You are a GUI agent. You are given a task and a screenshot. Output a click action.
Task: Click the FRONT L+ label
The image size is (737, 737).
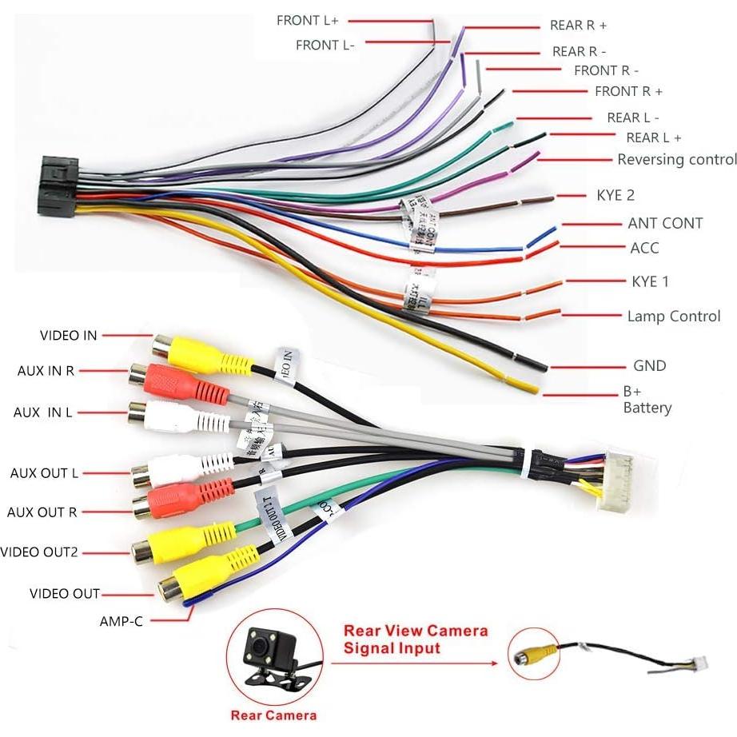point(308,21)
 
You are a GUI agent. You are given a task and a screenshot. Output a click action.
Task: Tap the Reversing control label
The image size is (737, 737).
point(676,159)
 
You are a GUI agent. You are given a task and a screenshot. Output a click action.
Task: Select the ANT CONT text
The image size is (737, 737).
point(665,223)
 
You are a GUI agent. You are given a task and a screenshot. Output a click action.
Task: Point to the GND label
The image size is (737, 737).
point(649,365)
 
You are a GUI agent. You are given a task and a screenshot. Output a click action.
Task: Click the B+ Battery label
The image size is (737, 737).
point(647,400)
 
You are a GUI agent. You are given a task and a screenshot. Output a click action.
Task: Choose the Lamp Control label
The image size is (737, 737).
point(673,317)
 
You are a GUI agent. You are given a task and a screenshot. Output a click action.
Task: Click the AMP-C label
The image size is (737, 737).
point(122,620)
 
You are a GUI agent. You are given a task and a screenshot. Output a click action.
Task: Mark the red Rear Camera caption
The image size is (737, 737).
point(273,715)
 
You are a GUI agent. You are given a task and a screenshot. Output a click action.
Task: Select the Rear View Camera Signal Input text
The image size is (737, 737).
point(415,639)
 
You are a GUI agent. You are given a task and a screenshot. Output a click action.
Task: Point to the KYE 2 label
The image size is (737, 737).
point(615,195)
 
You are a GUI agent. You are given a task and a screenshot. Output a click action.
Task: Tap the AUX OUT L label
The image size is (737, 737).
point(44,473)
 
